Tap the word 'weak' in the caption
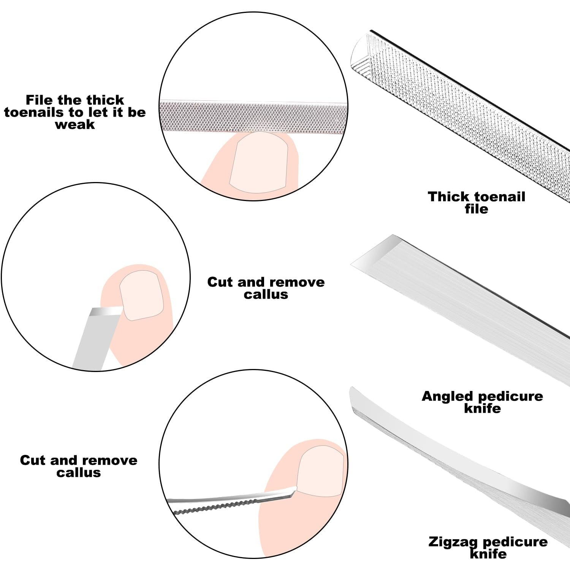[x=75, y=125]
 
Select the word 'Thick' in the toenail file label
[x=448, y=196]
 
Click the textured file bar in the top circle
[x=253, y=117]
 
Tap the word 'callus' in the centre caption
[x=266, y=294]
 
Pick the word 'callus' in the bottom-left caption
[x=79, y=473]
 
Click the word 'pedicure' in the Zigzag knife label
[x=515, y=541]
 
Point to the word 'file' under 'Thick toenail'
[x=476, y=209]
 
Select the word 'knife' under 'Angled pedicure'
[x=482, y=408]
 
